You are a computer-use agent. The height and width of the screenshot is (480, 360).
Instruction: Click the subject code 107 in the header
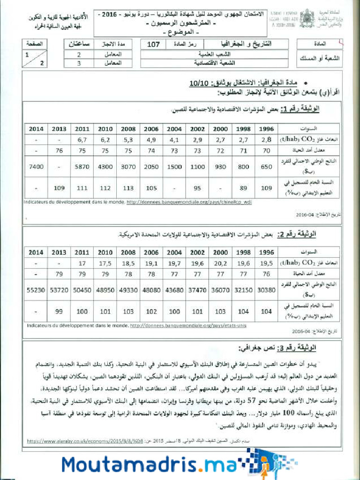pyautogui.click(x=153, y=45)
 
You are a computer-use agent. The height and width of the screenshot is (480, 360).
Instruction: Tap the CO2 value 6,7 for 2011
pyautogui.click(x=82, y=140)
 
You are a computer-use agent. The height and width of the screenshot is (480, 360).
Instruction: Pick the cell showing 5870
pyautogui.click(x=82, y=166)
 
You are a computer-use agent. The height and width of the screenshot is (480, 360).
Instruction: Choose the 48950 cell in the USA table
pyautogui.click(x=105, y=290)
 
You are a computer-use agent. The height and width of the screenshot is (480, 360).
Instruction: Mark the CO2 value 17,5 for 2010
pyautogui.click(x=105, y=263)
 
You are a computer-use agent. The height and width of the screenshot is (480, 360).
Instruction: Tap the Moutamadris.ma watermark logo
pyautogui.click(x=159, y=464)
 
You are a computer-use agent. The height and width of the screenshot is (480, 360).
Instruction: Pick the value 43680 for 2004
pyautogui.click(x=174, y=290)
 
